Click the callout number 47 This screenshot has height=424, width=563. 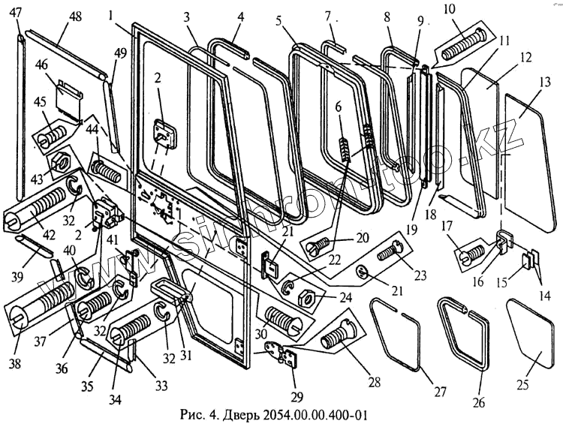tap(17, 12)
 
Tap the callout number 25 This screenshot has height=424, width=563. tap(523, 385)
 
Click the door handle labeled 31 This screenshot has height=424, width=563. tap(171, 288)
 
